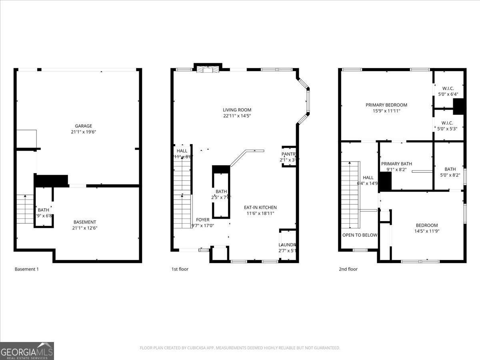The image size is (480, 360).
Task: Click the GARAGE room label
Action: pos(84,126)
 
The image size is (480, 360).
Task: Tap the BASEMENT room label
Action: pos(85,222)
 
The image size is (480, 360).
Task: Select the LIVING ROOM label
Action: pos(237,110)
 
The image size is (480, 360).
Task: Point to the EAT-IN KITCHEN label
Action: pos(260,207)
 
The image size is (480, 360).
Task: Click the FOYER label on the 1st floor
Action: pos(203,220)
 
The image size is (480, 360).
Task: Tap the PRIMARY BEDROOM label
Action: pos(386,105)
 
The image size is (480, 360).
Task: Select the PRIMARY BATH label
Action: pos(396,164)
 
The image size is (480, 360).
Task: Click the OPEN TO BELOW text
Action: pos(360,235)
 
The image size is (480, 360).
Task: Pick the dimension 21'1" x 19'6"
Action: pos(84,132)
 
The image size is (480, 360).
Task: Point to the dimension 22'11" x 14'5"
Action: pos(237,116)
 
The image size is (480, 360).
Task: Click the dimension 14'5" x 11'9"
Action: pos(427,231)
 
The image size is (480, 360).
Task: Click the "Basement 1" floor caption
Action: pos(27,269)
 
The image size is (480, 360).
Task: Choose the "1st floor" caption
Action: pos(180,269)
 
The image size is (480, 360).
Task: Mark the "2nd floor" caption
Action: pos(348,269)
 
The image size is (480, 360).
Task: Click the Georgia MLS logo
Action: pos(27,351)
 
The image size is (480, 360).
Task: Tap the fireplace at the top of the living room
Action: pos(208,69)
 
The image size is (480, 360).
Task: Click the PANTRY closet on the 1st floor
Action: pos(289,156)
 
